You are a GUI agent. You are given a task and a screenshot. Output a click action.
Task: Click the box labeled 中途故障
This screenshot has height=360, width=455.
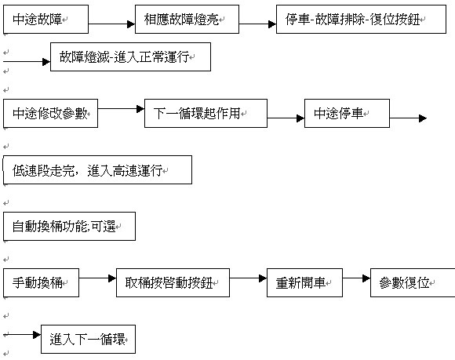point(45,19)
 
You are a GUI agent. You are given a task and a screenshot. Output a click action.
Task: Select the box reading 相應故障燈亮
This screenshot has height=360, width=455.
point(187,19)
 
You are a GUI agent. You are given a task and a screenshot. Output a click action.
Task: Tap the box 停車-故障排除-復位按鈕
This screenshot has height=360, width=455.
point(361,19)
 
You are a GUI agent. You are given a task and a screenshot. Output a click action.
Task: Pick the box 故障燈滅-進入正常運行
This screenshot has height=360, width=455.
point(130,56)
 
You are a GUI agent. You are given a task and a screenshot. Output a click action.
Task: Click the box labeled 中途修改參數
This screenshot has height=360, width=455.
point(50,113)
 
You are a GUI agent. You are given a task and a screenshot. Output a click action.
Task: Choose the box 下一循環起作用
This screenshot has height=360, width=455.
point(206,113)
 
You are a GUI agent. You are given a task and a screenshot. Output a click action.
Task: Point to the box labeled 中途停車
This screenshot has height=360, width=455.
point(347,113)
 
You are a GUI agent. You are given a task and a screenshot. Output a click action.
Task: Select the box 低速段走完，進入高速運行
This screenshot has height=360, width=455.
point(97,169)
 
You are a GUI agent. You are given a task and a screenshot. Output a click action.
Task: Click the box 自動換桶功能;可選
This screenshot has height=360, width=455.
point(69,226)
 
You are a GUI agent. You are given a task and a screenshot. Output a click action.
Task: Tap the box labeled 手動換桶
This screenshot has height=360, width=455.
point(42,282)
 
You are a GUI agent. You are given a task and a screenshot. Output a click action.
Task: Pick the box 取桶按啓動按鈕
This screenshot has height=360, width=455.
point(173,282)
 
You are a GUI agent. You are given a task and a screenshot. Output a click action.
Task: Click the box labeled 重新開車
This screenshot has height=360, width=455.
point(304,282)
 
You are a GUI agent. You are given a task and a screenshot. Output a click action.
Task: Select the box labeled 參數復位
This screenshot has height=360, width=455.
point(413,282)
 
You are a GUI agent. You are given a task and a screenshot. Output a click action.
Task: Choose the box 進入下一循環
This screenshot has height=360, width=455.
point(88,339)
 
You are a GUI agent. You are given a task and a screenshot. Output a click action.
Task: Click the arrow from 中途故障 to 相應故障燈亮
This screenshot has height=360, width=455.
point(111,24)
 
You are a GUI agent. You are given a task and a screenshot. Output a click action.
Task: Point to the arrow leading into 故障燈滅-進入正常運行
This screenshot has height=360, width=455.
point(27,62)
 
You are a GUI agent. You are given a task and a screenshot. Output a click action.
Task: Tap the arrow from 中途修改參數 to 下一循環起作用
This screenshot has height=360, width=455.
point(121,109)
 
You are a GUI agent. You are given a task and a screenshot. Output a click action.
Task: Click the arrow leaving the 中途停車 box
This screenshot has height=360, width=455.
point(408,118)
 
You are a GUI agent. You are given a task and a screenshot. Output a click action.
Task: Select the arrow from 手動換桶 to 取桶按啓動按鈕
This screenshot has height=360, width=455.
point(97,278)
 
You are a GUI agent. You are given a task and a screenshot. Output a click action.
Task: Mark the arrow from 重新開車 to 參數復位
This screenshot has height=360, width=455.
point(356,278)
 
